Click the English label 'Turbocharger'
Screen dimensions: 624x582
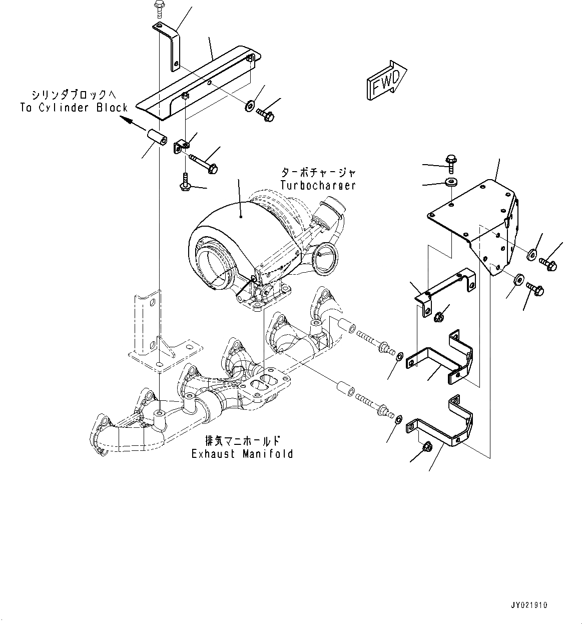click(318, 185)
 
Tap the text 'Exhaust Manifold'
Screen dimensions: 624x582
click(242, 454)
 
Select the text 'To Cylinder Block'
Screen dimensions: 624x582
click(74, 107)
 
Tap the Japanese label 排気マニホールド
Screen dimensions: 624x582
click(242, 441)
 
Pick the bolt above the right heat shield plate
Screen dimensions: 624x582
click(450, 161)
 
